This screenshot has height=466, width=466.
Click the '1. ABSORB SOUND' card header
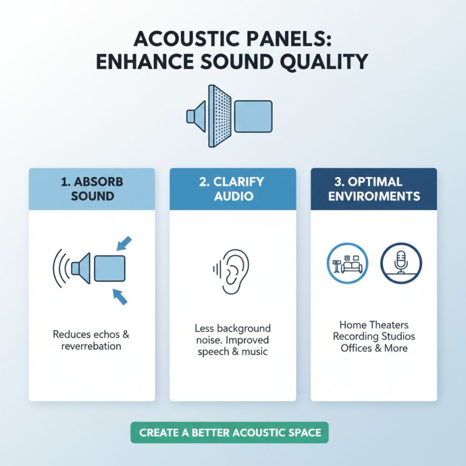pyautogui.click(x=92, y=189)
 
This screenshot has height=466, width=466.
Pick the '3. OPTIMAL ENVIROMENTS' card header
pyautogui.click(x=373, y=189)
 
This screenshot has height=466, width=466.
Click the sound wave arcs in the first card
pyautogui.click(x=59, y=269)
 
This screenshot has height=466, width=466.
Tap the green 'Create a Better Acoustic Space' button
pyautogui.click(x=230, y=433)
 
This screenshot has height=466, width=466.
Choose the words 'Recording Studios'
pyautogui.click(x=374, y=337)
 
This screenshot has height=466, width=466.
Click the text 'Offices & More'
pyautogui.click(x=374, y=348)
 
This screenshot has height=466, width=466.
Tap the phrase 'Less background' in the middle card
pyautogui.click(x=233, y=329)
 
